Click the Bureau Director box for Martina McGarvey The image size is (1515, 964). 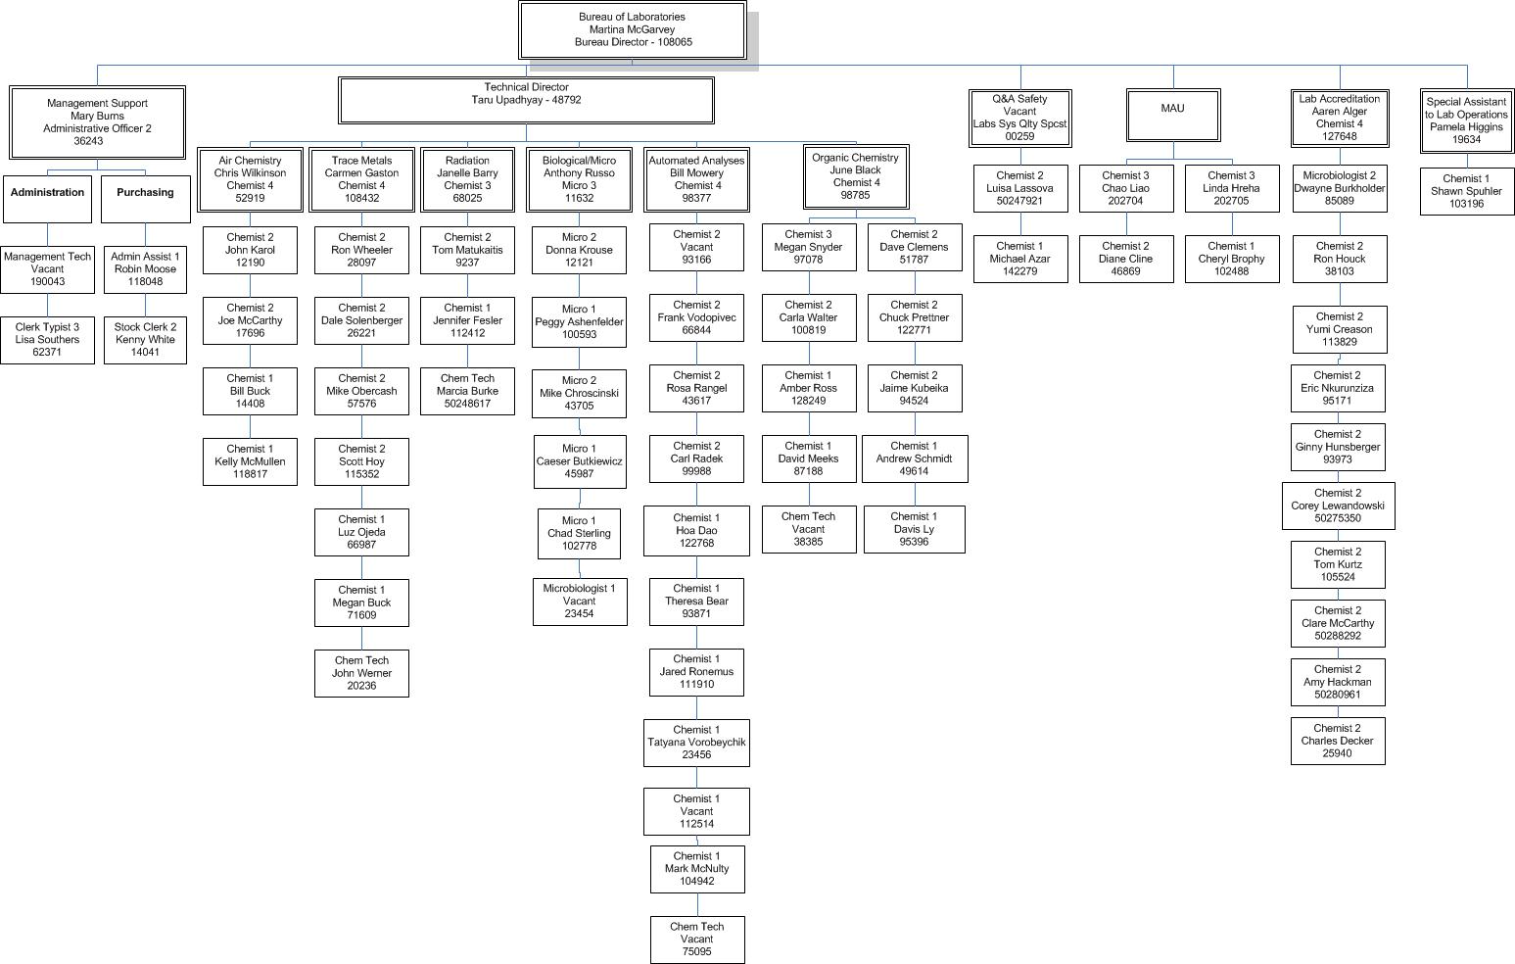pyautogui.click(x=632, y=30)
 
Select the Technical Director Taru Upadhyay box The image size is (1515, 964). pyautogui.click(x=526, y=100)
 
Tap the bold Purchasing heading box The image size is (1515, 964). pyautogui.click(x=145, y=198)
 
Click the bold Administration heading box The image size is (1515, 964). pyautogui.click(x=47, y=198)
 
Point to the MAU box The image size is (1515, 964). pyautogui.click(x=1172, y=116)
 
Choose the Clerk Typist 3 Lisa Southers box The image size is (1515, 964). pyautogui.click(x=47, y=340)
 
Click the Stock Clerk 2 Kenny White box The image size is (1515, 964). pyautogui.click(x=145, y=340)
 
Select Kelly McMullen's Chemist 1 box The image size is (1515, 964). pyautogui.click(x=250, y=461)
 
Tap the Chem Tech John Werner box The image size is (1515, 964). pyautogui.click(x=361, y=673)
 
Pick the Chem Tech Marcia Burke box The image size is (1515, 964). pyautogui.click(x=467, y=391)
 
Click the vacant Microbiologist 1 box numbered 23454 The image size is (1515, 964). pyautogui.click(x=580, y=602)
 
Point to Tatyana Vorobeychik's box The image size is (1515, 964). pyautogui.click(x=696, y=743)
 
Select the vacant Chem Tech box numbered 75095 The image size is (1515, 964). pyautogui.click(x=697, y=940)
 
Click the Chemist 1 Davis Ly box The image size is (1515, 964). pyautogui.click(x=914, y=529)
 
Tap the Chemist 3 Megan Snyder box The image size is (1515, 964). pyautogui.click(x=808, y=247)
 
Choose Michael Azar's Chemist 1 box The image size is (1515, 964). pyautogui.click(x=1019, y=259)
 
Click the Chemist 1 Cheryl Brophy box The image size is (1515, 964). pyautogui.click(x=1231, y=259)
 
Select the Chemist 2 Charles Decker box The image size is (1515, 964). pyautogui.click(x=1337, y=741)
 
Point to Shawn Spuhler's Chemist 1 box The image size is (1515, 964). pyautogui.click(x=1466, y=191)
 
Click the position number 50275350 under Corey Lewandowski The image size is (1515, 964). pyautogui.click(x=1338, y=519)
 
